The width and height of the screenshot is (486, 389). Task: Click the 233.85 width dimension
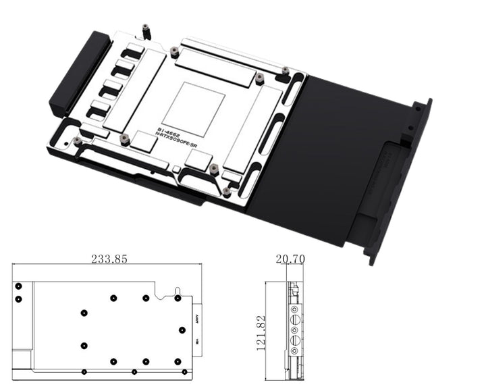pyautogui.click(x=108, y=259)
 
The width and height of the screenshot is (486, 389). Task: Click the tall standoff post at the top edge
pyautogui.click(x=144, y=32)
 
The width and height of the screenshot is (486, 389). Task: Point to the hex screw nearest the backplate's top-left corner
pyautogui.click(x=286, y=70)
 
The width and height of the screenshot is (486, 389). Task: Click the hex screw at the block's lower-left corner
pyautogui.click(x=78, y=140)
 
